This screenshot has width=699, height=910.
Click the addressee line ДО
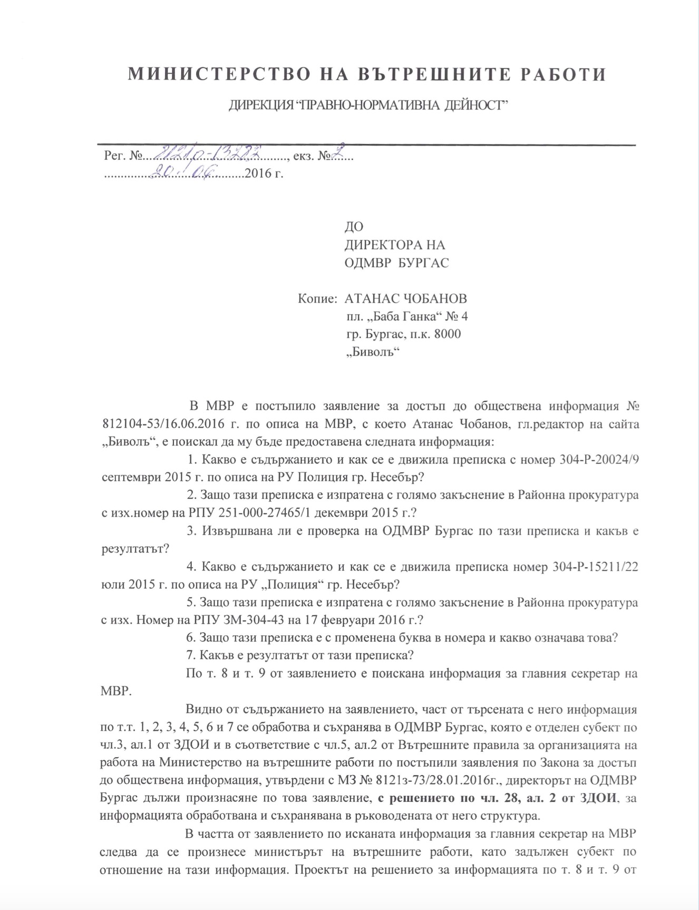click(x=354, y=227)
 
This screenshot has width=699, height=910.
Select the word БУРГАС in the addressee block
click(x=424, y=263)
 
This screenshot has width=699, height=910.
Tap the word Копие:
click(x=317, y=299)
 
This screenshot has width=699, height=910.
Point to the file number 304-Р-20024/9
click(x=598, y=460)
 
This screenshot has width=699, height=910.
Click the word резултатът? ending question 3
click(x=134, y=549)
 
